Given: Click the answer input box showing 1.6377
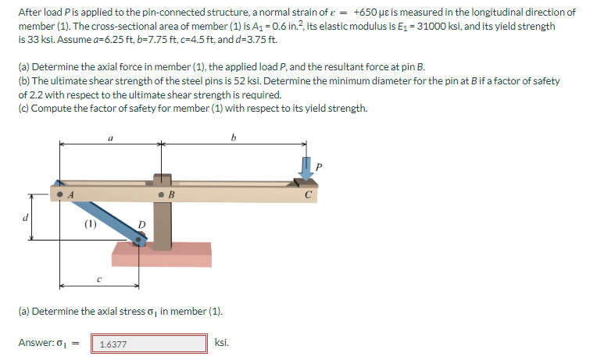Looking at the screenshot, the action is point(149,344).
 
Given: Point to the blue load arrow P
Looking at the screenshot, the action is point(306,169).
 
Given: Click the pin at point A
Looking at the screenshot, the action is point(59,194).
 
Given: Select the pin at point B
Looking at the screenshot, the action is point(162,195).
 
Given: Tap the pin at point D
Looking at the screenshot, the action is point(138,240).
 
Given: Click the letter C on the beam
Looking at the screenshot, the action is point(309,195).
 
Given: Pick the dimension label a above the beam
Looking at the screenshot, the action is point(110,138).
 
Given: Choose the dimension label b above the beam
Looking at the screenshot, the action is point(234,137).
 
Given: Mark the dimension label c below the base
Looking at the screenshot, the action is point(99,280).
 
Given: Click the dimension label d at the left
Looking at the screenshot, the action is point(25,218).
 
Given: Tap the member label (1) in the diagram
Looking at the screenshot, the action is point(90,224).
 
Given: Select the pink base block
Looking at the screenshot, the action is point(162,255).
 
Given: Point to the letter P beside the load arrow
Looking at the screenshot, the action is point(319,166).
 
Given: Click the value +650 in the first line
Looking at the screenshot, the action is point(365,12).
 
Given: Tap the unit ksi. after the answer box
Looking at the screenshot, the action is point(222,343).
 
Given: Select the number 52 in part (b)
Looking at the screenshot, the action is point(240,81).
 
